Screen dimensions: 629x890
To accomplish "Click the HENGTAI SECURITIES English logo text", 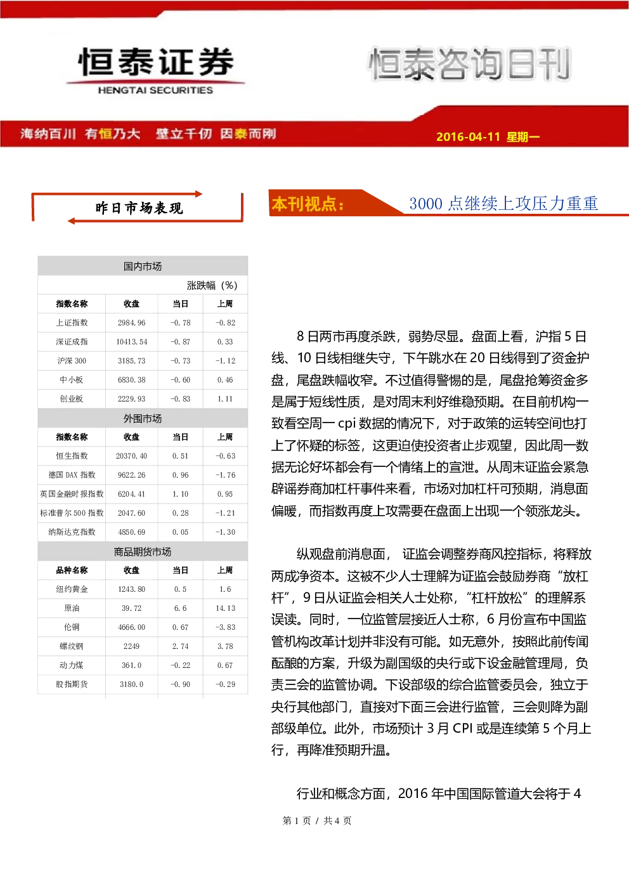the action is pos(155,90).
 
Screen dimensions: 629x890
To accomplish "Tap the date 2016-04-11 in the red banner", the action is pos(468,136).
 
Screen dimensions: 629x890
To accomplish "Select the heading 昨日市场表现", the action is pos(139,208).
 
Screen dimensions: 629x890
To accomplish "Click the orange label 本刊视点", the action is pos(308,204).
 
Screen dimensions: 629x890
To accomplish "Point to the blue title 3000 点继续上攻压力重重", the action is pos(503,204).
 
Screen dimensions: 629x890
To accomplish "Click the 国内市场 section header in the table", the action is pos(143,266).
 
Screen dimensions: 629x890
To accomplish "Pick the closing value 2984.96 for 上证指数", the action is pos(131,323).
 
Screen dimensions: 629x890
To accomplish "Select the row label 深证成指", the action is pos(72,342).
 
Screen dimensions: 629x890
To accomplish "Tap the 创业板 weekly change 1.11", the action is pos(225,399).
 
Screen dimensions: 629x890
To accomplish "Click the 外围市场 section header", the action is pos(143,419).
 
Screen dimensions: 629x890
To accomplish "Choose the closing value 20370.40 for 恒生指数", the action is pos(131,456).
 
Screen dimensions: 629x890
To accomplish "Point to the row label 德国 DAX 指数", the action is pos(72,474).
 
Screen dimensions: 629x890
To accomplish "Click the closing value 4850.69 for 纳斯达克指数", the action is pos(131,532).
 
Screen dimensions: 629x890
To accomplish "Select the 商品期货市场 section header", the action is pos(143,552).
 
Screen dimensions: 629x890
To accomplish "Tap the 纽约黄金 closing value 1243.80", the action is pos(131,589).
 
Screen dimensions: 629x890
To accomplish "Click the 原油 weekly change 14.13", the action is pos(225,608).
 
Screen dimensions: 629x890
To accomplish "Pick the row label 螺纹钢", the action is pos(72,646).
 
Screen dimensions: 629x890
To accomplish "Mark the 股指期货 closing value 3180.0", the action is pos(131,684).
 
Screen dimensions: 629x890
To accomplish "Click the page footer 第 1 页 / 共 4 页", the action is pos(317,820).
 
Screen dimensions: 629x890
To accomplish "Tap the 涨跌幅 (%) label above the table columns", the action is pos(212,285).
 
